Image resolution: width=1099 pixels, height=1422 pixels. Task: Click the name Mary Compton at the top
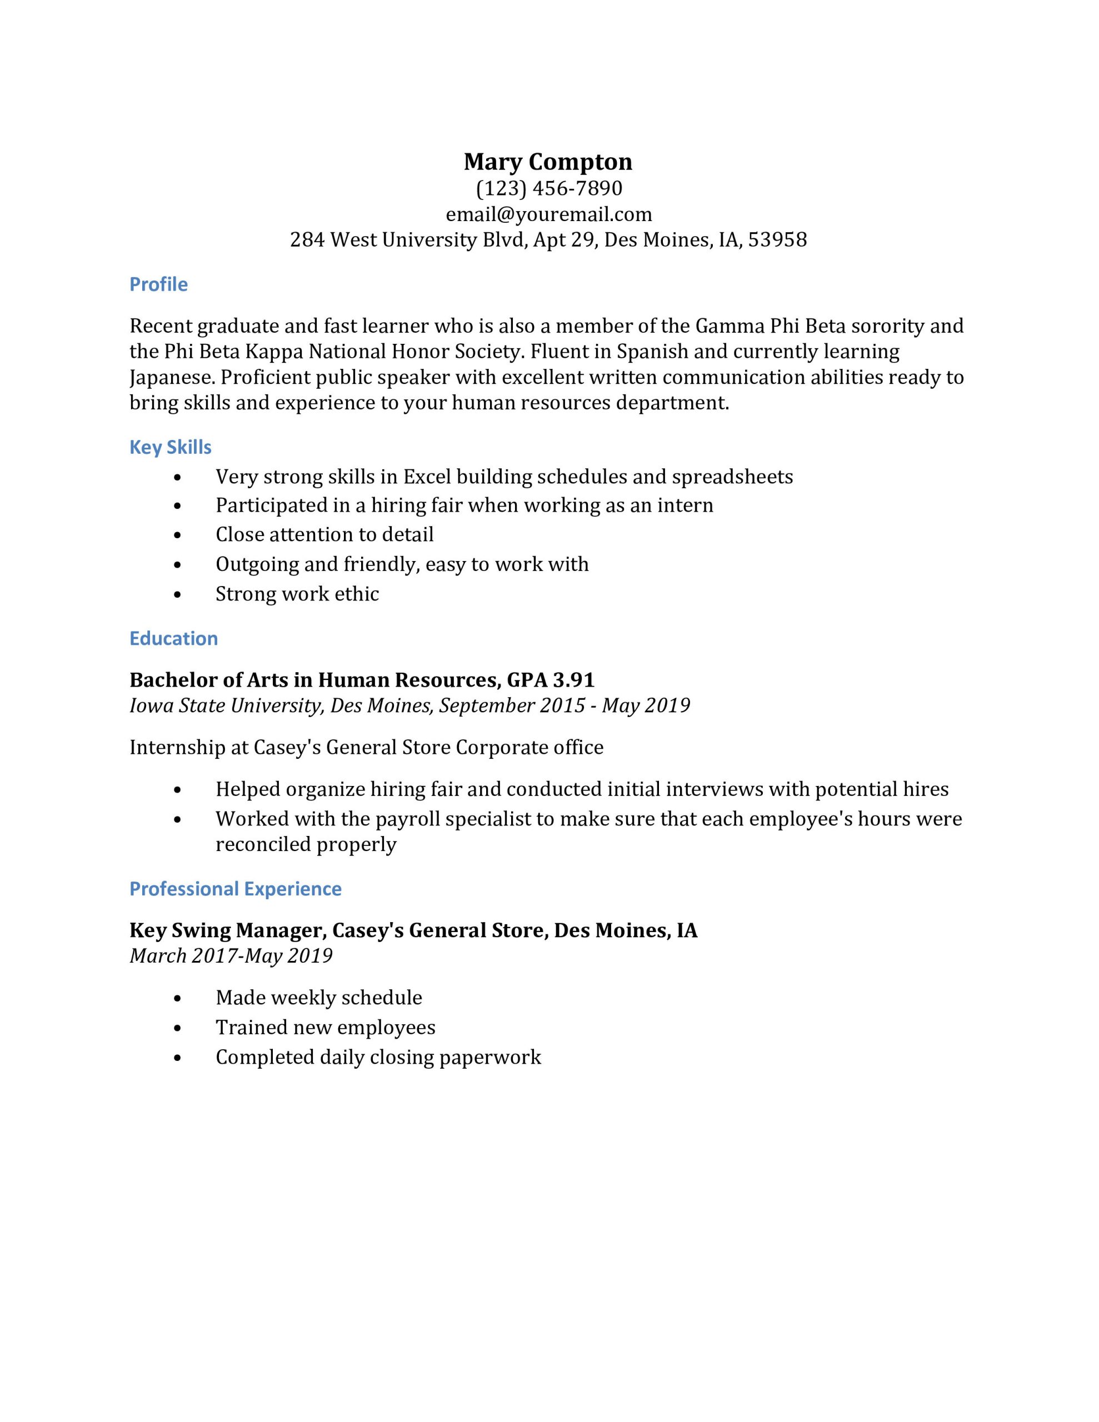click(x=548, y=162)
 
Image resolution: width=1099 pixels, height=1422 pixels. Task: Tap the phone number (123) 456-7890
click(x=548, y=188)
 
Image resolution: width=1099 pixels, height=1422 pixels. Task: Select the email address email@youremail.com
click(x=548, y=214)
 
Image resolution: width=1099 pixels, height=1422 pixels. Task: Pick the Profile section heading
click(x=158, y=284)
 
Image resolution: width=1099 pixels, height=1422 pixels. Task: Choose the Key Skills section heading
click(x=170, y=447)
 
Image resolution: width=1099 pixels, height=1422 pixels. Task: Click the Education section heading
click(x=173, y=638)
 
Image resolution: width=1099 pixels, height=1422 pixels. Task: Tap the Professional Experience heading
click(x=235, y=889)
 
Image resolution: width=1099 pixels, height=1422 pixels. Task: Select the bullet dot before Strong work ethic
click(x=178, y=594)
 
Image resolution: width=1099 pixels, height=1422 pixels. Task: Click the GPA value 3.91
click(x=573, y=680)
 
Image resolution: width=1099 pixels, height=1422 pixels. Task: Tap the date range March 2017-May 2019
click(x=231, y=956)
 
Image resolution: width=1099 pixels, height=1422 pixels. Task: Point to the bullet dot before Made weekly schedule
click(x=178, y=998)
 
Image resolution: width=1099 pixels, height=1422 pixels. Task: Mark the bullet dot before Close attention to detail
click(x=178, y=535)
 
